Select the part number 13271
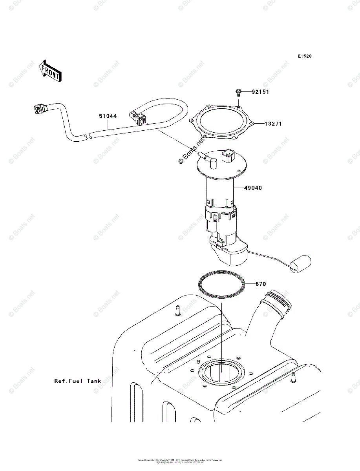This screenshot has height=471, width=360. pos(273,124)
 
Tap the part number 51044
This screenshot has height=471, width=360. pos(107,116)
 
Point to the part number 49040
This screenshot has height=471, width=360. pos(253,188)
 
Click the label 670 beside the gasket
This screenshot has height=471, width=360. pos(261,284)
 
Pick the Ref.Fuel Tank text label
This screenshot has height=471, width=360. pos(77,381)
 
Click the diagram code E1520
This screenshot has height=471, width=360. pos(304,56)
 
